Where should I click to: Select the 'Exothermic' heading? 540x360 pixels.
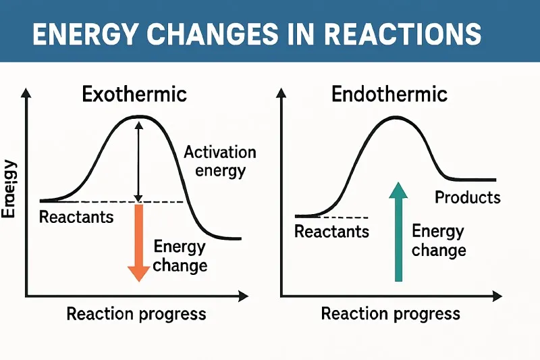[x=134, y=94]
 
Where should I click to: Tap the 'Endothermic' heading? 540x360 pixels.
[x=389, y=94]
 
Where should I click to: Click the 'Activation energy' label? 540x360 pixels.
[x=219, y=161]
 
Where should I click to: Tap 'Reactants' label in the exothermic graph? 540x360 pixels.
[x=76, y=217]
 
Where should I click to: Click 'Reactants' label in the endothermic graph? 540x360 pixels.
[x=331, y=232]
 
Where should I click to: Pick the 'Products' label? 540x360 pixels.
[x=467, y=197]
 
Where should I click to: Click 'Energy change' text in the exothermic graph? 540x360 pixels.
[x=180, y=255]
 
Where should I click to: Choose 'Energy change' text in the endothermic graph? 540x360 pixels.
[x=438, y=240]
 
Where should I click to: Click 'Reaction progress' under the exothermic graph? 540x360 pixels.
[x=136, y=314]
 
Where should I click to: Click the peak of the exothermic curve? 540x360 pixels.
[x=138, y=116]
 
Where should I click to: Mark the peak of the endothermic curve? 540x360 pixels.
[x=395, y=118]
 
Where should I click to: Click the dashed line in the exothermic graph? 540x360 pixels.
[x=162, y=202]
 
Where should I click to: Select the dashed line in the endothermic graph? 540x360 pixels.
[x=344, y=217]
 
